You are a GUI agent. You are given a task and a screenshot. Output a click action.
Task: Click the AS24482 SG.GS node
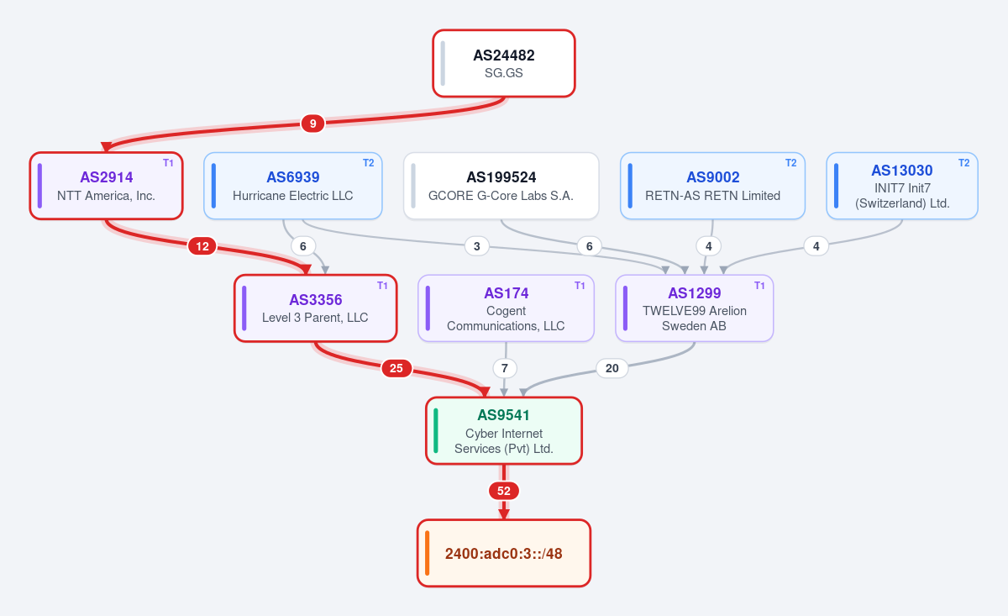point(504,64)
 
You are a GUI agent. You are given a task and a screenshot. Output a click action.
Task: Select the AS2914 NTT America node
point(106,186)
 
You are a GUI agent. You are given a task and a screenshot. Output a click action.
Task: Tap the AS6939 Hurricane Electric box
point(293,186)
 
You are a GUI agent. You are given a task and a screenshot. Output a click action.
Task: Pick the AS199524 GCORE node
point(501,186)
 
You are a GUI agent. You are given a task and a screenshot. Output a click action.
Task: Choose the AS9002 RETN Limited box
point(713,186)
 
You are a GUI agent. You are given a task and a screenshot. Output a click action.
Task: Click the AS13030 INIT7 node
point(902,186)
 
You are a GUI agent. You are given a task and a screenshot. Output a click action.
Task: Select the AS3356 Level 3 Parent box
point(316,308)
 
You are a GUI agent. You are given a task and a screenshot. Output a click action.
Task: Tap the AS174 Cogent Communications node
point(507,308)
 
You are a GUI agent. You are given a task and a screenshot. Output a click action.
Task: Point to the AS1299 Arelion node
point(695,308)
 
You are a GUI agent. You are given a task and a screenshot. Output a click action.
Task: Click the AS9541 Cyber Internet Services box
point(504,431)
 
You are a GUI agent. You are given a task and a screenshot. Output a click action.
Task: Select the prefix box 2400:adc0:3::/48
point(504,554)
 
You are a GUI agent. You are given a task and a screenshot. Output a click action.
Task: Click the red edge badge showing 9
point(312,124)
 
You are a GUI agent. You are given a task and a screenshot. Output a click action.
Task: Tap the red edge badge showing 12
point(202,246)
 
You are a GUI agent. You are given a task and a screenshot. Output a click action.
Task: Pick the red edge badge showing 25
point(396,368)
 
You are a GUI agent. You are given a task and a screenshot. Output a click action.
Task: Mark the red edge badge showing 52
point(504,491)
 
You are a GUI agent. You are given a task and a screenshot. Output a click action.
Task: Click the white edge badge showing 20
point(612,368)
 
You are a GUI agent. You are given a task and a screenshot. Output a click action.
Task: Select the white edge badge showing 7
point(505,368)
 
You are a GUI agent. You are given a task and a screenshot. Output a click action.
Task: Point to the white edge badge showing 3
point(477,246)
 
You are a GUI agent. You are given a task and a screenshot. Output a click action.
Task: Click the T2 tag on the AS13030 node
point(964,163)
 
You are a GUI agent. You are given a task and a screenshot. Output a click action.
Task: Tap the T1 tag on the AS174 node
point(580,286)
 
